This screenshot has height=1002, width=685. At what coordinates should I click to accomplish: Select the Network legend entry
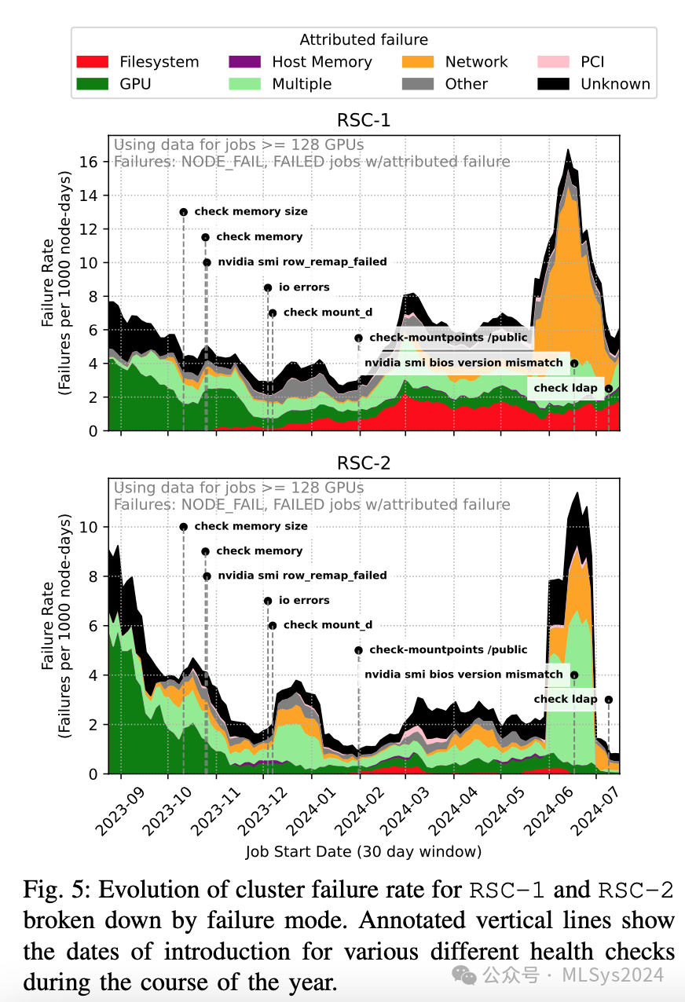[476, 62]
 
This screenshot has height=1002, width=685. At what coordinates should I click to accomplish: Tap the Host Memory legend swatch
[244, 62]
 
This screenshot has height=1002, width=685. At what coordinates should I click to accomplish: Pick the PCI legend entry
[592, 62]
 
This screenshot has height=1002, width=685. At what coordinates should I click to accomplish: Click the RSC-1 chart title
[363, 121]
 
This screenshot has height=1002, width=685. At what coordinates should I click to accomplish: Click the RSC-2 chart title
[363, 463]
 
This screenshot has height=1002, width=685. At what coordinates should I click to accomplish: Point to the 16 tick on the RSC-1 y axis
[93, 162]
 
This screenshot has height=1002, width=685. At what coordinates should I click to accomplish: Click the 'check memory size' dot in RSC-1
[183, 212]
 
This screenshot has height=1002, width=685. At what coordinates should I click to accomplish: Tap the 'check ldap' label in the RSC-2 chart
[566, 699]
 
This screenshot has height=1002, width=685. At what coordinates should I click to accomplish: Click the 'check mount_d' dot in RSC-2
[273, 626]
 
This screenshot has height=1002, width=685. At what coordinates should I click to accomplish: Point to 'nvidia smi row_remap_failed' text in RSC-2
[302, 576]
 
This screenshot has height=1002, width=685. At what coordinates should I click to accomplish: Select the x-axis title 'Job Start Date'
[363, 851]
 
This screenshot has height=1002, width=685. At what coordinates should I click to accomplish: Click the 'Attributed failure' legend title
[364, 40]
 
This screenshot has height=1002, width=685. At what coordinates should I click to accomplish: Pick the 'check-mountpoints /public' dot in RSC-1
[358, 338]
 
